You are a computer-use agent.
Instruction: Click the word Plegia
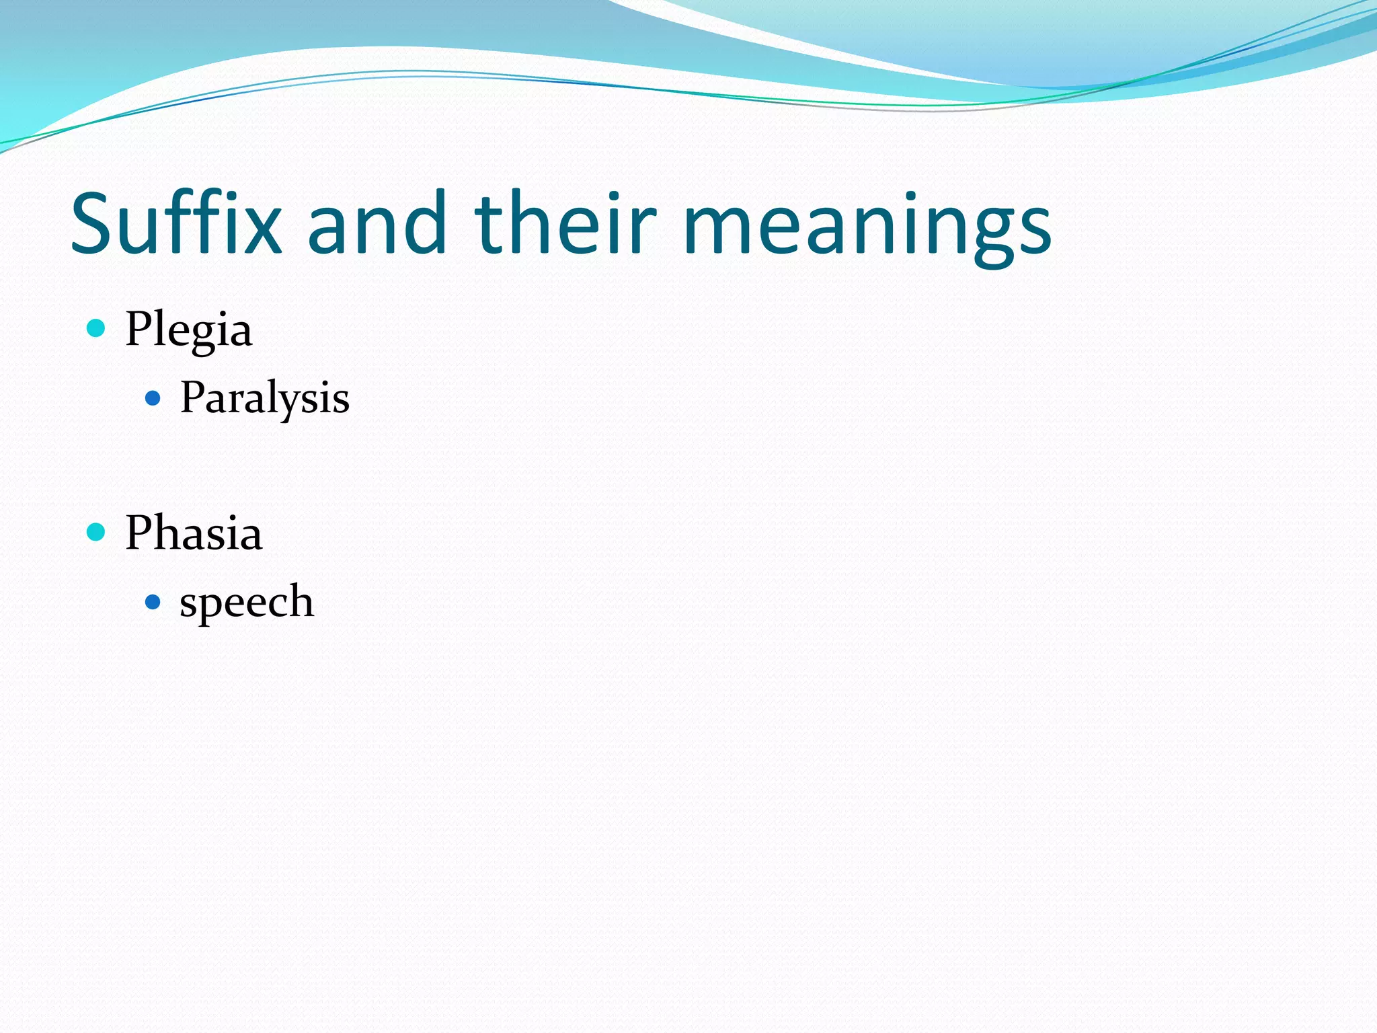tap(188, 330)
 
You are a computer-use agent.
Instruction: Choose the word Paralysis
tap(264, 398)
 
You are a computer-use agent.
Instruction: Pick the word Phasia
tap(194, 533)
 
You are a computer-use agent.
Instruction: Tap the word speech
tap(246, 601)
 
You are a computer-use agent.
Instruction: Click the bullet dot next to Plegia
tap(97, 328)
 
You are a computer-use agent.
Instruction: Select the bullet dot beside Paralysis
tap(153, 399)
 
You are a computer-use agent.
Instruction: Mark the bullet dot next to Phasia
tap(97, 532)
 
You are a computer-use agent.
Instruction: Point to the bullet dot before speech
tap(153, 601)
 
